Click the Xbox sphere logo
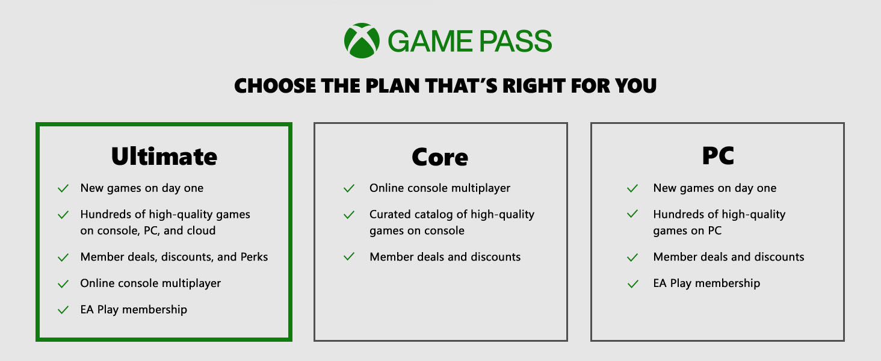tap(362, 40)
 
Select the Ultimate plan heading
tap(164, 156)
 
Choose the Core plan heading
tap(440, 157)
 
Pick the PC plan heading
tap(718, 156)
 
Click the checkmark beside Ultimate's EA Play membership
tap(63, 310)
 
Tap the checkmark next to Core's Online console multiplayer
tap(349, 188)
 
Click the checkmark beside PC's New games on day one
tap(632, 188)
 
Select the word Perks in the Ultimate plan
tap(254, 257)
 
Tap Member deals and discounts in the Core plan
tap(445, 257)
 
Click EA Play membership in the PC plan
tap(706, 283)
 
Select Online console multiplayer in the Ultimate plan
tap(150, 283)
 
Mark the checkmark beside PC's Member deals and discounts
tap(632, 258)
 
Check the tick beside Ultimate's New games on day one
tap(63, 188)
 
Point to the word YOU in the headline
tap(636, 85)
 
